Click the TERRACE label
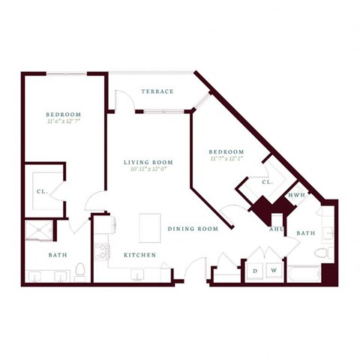point(157,91)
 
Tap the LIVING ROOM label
point(148,162)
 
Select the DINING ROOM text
point(193,229)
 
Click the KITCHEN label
point(140,255)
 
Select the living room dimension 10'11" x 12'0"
point(148,171)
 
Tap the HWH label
point(295,195)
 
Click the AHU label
point(276,229)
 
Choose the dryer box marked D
point(255,270)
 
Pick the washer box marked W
point(274,270)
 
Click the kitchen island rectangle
point(150,227)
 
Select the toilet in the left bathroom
point(80,271)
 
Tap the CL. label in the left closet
point(42,191)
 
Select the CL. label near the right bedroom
point(266,182)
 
